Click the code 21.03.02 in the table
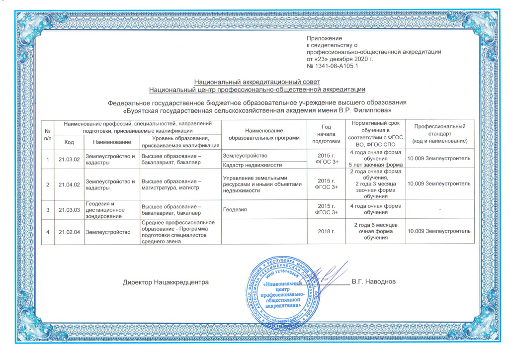click(69, 159)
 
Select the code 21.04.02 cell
click(69, 184)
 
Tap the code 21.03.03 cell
click(69, 209)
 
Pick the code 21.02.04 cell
click(69, 232)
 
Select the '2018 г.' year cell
click(327, 232)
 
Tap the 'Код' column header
click(69, 142)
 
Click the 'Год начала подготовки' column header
click(327, 134)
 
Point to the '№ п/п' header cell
click(48, 134)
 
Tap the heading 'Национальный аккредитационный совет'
click(257, 82)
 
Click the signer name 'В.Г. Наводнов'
click(374, 282)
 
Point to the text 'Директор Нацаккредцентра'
click(165, 282)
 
